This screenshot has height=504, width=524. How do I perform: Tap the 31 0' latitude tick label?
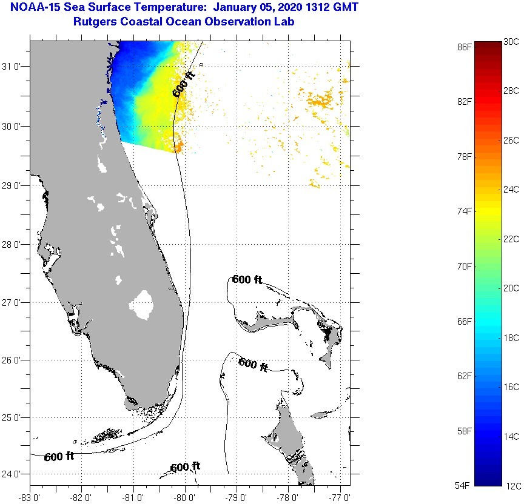(13, 67)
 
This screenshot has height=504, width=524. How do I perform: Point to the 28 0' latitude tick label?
(13, 245)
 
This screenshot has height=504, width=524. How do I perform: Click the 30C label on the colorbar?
(511, 42)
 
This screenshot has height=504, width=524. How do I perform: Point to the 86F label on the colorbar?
(465, 47)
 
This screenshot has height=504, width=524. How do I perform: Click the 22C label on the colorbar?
(511, 239)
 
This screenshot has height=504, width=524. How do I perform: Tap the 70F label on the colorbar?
(465, 267)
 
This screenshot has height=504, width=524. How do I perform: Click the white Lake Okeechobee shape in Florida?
(144, 305)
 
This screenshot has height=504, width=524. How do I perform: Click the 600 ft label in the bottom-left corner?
(59, 457)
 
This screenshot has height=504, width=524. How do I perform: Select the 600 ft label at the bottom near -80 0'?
(185, 468)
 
